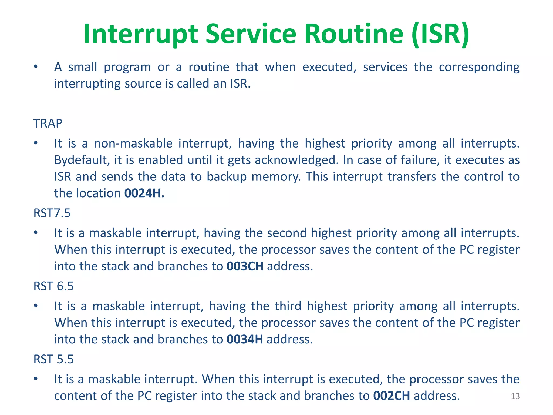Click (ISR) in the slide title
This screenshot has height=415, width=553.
point(440,34)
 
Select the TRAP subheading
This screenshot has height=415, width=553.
point(48,123)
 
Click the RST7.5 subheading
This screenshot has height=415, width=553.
point(52,213)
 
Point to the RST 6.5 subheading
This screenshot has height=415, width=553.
point(53,286)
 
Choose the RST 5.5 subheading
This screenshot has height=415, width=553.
point(53,359)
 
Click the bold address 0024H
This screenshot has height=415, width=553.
point(144,193)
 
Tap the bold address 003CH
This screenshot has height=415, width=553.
point(245,266)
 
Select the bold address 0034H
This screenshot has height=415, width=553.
point(245,339)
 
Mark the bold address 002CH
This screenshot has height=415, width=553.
point(392,396)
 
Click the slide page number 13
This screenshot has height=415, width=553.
point(515,396)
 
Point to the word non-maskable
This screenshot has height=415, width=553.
point(133,143)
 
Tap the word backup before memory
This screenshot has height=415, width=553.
point(227,177)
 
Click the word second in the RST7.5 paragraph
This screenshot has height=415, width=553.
point(287,233)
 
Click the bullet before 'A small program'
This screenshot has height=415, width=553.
point(36,67)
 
